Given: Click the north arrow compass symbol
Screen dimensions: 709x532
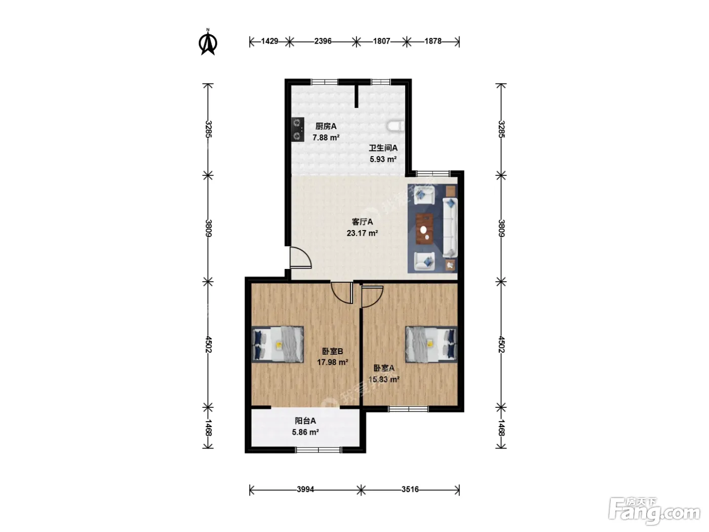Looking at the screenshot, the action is (208, 42).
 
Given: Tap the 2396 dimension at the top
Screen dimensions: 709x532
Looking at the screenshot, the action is (323, 42).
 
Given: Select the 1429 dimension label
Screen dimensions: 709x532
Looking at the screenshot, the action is (269, 42).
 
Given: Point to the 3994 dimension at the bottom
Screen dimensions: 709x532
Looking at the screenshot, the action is (305, 489).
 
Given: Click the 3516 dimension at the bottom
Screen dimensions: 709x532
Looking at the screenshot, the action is (410, 489).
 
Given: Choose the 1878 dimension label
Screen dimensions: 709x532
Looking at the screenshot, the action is (433, 42).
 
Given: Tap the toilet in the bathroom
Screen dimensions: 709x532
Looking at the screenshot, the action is (396, 127).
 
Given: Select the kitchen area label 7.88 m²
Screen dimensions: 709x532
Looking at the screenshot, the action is (326, 138).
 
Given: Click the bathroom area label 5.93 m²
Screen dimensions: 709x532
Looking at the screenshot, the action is (383, 159).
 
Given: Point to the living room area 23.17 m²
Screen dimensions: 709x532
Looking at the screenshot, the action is (362, 233).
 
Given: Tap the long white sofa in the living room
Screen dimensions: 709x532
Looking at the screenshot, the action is (450, 227).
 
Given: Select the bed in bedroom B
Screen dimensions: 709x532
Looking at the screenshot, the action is (278, 344).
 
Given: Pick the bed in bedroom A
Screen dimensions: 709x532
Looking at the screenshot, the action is (431, 344).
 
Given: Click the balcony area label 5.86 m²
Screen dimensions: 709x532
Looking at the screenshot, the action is (305, 432).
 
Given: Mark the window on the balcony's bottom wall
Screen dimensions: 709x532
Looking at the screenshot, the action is (319, 449).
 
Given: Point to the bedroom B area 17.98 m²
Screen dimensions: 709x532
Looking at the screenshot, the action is (332, 362).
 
